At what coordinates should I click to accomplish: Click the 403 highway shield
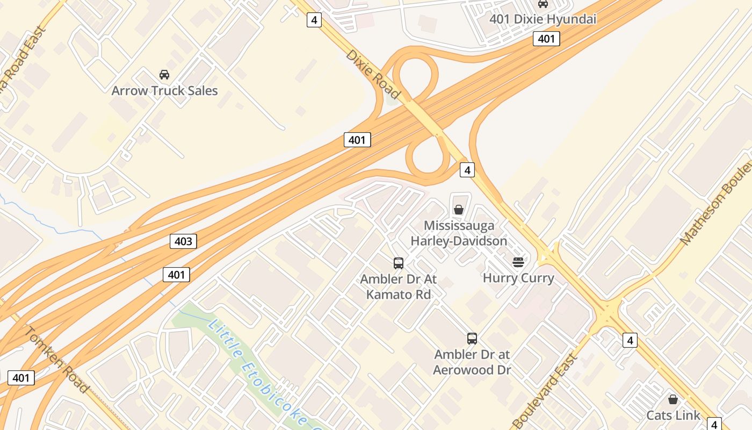[x=183, y=241]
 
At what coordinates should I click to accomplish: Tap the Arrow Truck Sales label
[x=164, y=90]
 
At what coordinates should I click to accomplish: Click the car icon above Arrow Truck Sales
[x=164, y=75]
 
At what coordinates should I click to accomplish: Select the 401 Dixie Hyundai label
[x=543, y=19]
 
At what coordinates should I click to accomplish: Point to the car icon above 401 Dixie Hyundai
[x=543, y=4]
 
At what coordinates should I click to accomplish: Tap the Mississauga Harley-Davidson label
[x=459, y=233]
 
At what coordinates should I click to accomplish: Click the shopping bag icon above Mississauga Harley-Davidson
[x=459, y=210]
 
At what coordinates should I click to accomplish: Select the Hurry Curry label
[x=518, y=278]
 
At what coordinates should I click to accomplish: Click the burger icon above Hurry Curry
[x=518, y=262]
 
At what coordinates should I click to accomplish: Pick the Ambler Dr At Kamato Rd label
[x=399, y=286]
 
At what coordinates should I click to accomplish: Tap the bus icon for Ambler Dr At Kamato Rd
[x=399, y=263]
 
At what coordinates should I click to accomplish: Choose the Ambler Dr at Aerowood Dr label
[x=472, y=362]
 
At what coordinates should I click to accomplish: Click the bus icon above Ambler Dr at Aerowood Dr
[x=472, y=339]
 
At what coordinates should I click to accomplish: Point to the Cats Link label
[x=673, y=415]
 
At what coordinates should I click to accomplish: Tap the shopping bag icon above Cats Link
[x=673, y=399]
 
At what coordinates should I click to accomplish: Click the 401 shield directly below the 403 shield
[x=176, y=275]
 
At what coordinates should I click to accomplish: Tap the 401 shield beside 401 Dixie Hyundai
[x=546, y=39]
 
